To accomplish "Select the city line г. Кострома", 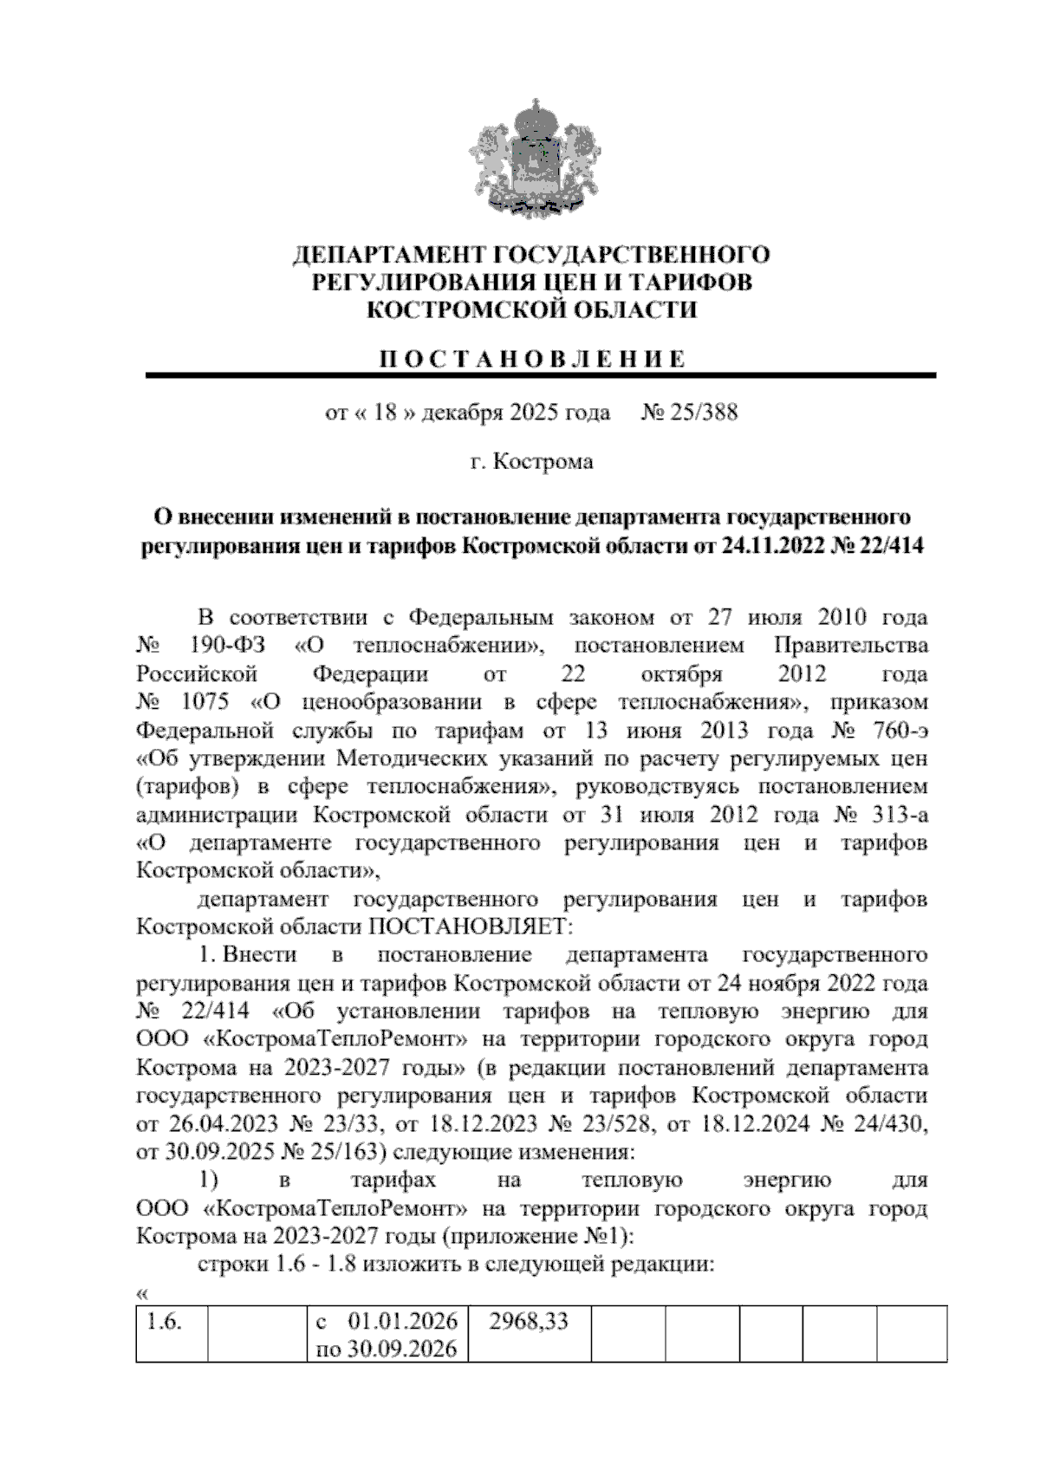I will coord(531,462).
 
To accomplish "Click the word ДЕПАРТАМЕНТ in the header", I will coord(390,256).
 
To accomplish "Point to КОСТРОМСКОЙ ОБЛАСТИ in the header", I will coord(531,309).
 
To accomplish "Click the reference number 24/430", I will coord(887,1124).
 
